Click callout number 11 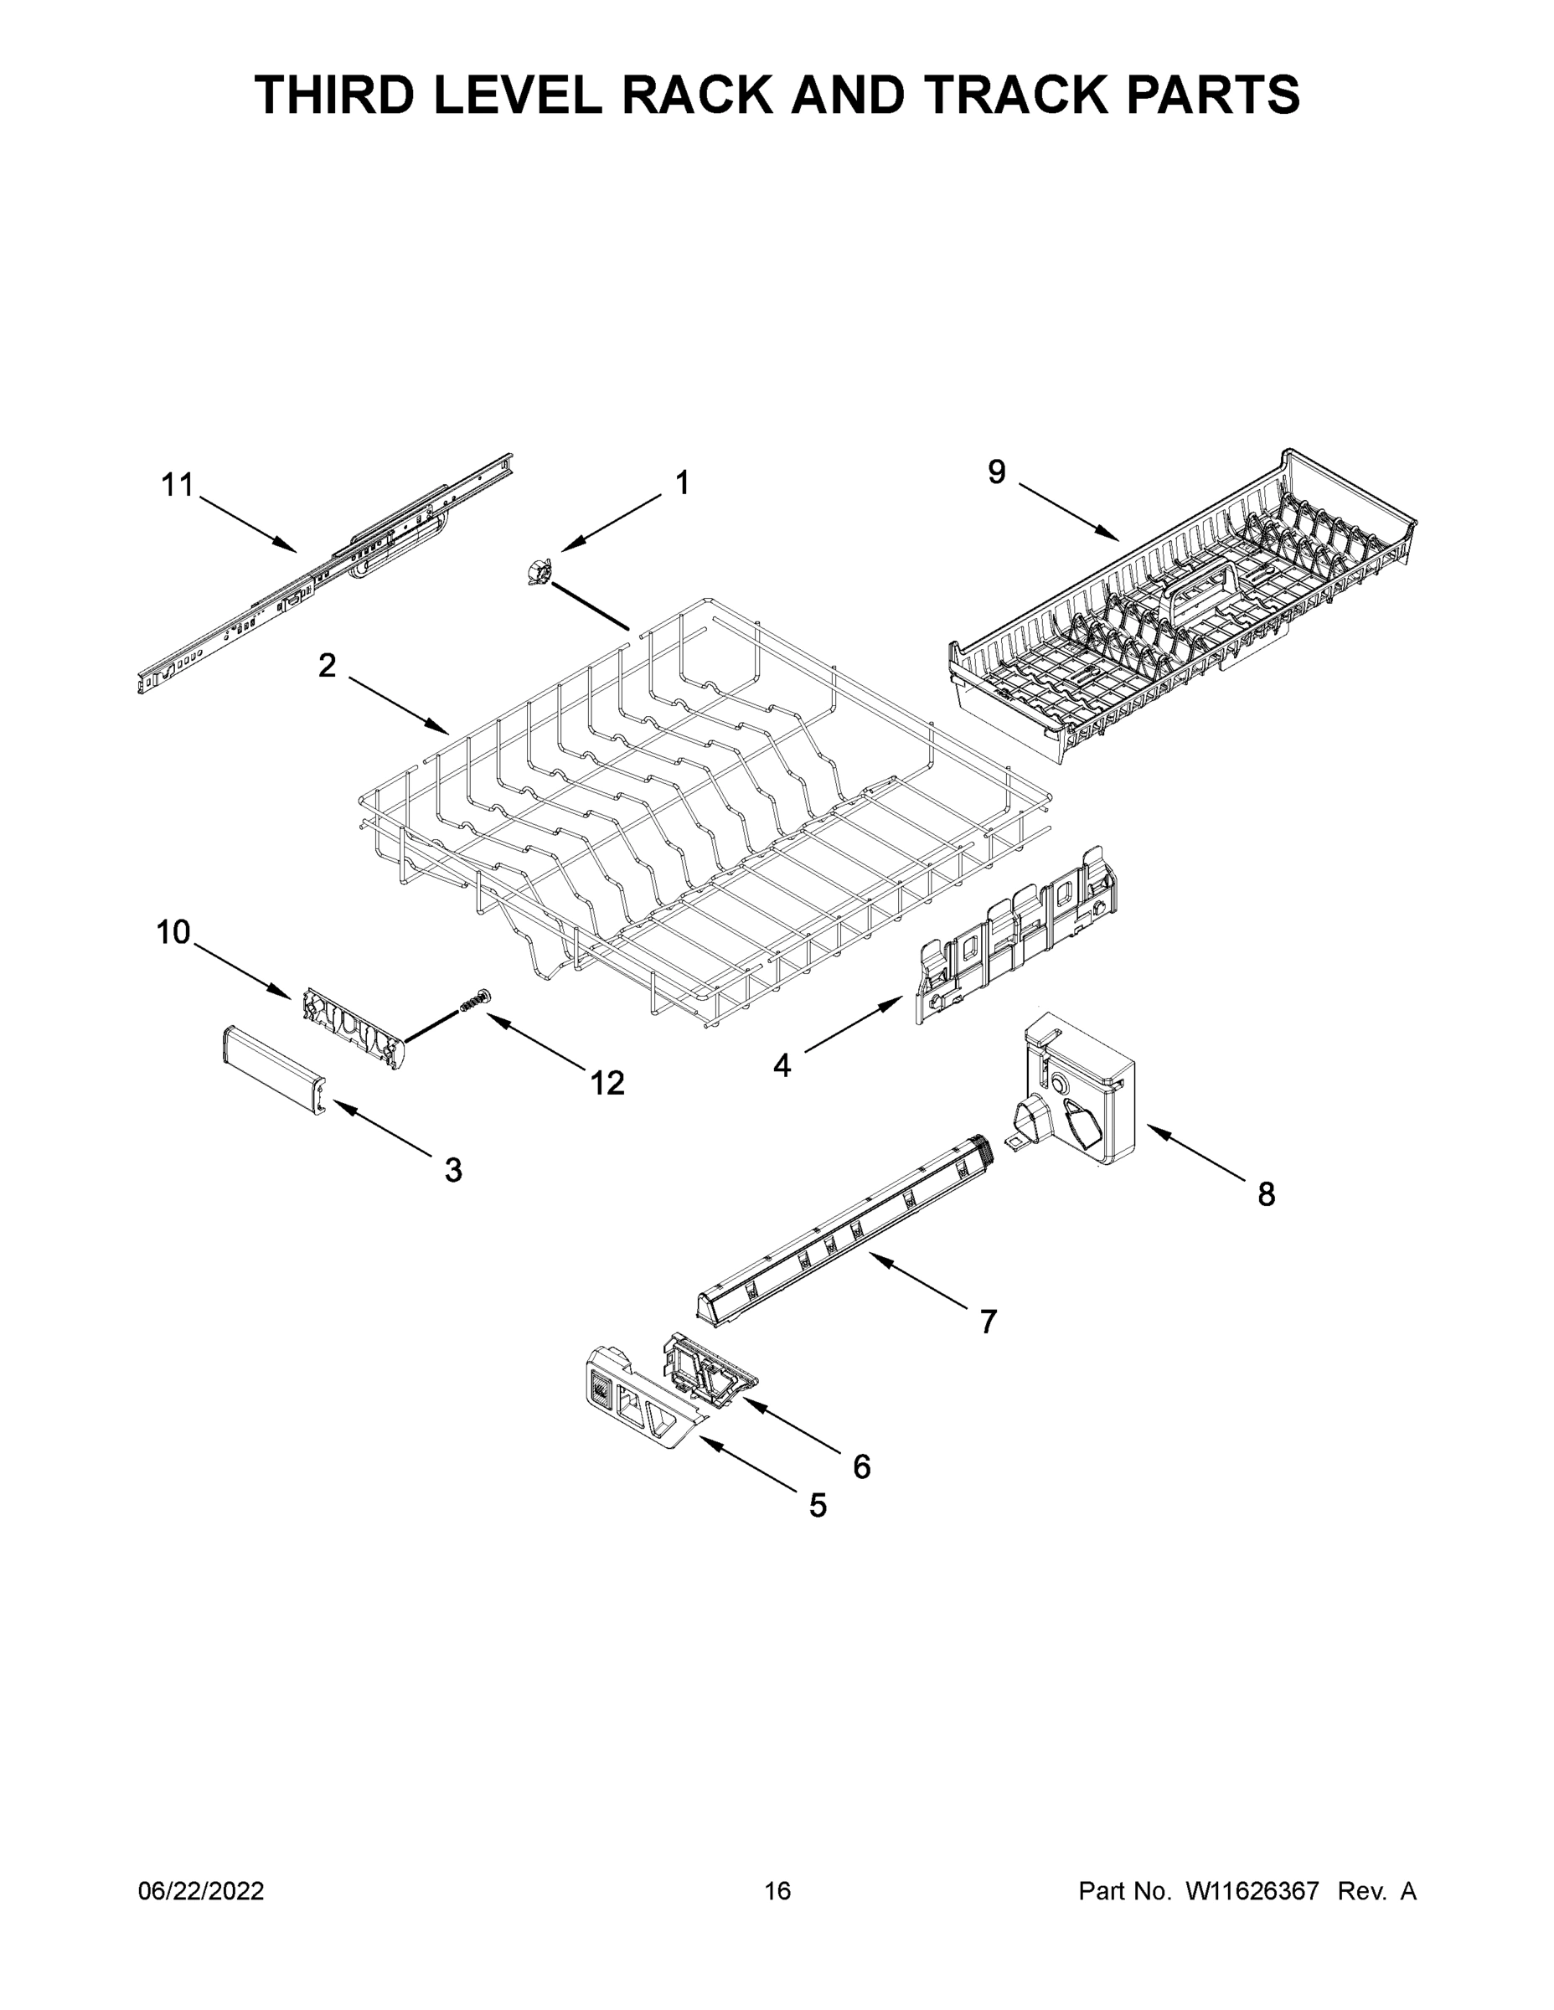point(177,485)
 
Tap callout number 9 point(997,472)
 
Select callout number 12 point(607,1083)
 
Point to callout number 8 point(1267,1194)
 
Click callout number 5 point(818,1506)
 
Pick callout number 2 point(327,666)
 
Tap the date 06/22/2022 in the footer point(201,1890)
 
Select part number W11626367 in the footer point(1252,1890)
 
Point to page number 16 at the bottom point(777,1890)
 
